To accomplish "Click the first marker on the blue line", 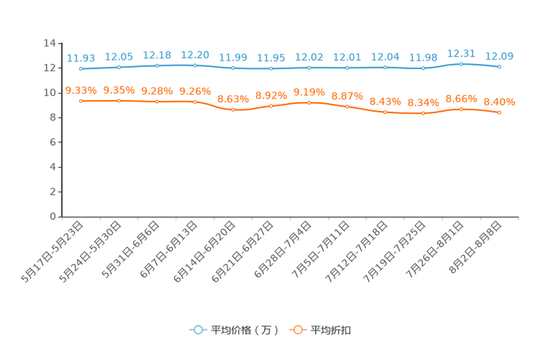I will pos(81,69).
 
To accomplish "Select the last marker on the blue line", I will pos(499,67).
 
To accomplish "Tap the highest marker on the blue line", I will pos(462,64).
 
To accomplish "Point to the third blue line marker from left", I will pos(157,65).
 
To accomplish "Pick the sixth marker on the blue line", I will pos(271,69).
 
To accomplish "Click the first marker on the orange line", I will pos(81,102).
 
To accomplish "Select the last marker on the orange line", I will pos(499,112).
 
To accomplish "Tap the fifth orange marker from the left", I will pos(233,110).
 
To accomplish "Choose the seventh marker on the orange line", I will pos(309,103).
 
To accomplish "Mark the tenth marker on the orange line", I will pos(423,113).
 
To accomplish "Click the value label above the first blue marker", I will pos(81,57).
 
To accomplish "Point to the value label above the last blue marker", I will pos(499,55).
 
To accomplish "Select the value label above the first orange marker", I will pos(81,91).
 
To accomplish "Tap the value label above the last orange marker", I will pos(499,102).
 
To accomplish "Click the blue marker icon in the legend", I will pos(197,330).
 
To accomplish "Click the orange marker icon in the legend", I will pos(298,330).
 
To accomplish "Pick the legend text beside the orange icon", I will pos(331,330).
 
